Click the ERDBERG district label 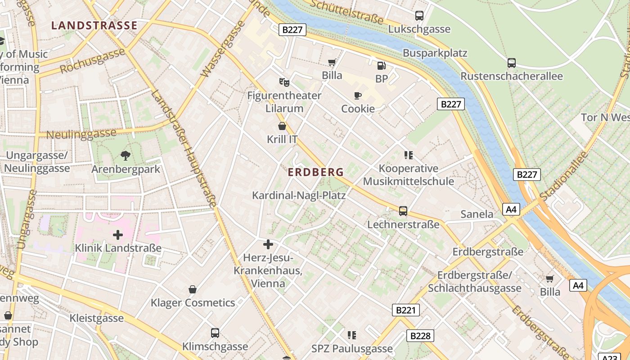pyautogui.click(x=316, y=172)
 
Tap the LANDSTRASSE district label pyautogui.click(x=94, y=25)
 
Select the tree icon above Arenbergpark pyautogui.click(x=126, y=156)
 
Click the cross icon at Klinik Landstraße pyautogui.click(x=118, y=234)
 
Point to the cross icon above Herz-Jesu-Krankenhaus pyautogui.click(x=268, y=244)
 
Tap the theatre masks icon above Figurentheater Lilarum pyautogui.click(x=284, y=82)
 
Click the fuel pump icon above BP pyautogui.click(x=381, y=66)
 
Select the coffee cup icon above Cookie pyautogui.click(x=358, y=95)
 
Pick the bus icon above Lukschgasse pyautogui.click(x=419, y=16)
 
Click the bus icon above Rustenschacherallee pyautogui.click(x=512, y=63)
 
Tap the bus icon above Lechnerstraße pyautogui.click(x=403, y=211)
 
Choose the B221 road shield pyautogui.click(x=405, y=310)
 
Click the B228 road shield pyautogui.click(x=421, y=335)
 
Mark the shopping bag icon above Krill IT pyautogui.click(x=282, y=126)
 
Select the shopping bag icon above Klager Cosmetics pyautogui.click(x=193, y=289)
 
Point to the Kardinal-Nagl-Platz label pyautogui.click(x=299, y=195)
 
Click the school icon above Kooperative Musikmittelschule pyautogui.click(x=408, y=156)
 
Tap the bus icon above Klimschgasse pyautogui.click(x=215, y=333)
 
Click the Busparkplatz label pyautogui.click(x=435, y=53)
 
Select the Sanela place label pyautogui.click(x=477, y=214)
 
